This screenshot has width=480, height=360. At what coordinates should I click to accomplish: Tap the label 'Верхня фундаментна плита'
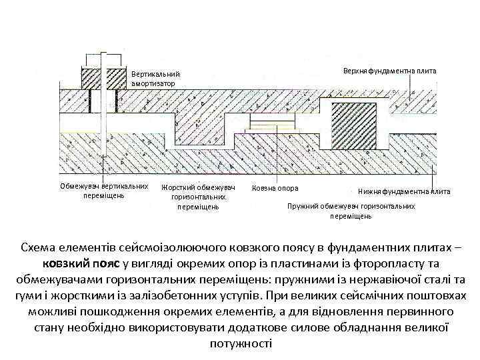pyautogui.click(x=389, y=71)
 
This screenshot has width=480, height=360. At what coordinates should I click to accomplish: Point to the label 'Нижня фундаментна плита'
pyautogui.click(x=404, y=191)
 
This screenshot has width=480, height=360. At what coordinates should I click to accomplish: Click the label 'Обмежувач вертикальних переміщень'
pyautogui.click(x=103, y=191)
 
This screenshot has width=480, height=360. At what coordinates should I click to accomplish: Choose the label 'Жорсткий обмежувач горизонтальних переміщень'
pyautogui.click(x=199, y=197)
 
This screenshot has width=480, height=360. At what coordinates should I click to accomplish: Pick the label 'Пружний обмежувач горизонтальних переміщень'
pyautogui.click(x=351, y=211)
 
